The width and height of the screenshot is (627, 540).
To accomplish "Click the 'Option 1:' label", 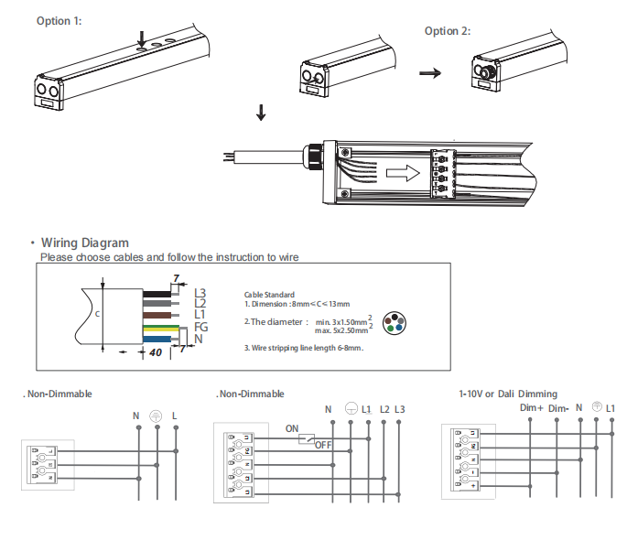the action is pyautogui.click(x=59, y=21).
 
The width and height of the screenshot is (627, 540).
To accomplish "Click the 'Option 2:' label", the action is pyautogui.click(x=448, y=31).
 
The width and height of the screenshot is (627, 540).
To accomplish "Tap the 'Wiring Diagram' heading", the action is pyautogui.click(x=85, y=243).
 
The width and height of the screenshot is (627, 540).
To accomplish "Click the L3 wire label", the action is pyautogui.click(x=200, y=293).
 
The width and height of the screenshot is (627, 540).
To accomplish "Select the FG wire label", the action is pyautogui.click(x=201, y=327).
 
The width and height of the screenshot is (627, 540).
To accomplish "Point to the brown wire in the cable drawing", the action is pyautogui.click(x=157, y=316).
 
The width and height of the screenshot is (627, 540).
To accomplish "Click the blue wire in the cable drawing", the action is pyautogui.click(x=157, y=340).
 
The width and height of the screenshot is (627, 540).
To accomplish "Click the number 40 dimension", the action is pyautogui.click(x=156, y=352).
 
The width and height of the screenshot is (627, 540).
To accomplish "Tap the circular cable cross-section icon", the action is pyautogui.click(x=395, y=323).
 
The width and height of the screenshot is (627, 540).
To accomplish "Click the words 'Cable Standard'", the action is pyautogui.click(x=269, y=295).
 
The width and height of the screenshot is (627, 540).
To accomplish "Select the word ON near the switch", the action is pyautogui.click(x=292, y=428).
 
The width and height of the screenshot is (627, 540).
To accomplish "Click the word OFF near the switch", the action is pyautogui.click(x=323, y=445).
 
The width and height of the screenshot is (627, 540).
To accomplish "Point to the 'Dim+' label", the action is pyautogui.click(x=532, y=408).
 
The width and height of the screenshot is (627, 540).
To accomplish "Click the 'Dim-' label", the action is pyautogui.click(x=558, y=408).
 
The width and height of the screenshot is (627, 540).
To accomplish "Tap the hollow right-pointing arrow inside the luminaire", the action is pyautogui.click(x=403, y=173).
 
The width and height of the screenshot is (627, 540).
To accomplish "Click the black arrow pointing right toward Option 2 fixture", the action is pyautogui.click(x=430, y=73).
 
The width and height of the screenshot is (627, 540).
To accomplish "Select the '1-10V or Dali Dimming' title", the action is pyautogui.click(x=508, y=394).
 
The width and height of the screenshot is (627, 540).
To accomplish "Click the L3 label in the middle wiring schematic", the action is pyautogui.click(x=400, y=409).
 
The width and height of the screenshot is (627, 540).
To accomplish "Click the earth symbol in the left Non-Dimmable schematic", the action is pyautogui.click(x=156, y=416).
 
